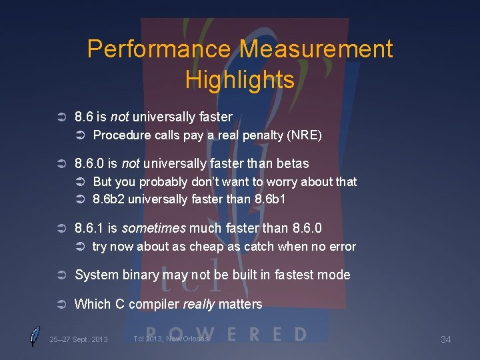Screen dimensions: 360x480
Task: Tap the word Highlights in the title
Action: (240, 80)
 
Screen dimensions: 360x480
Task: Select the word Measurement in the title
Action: (316, 49)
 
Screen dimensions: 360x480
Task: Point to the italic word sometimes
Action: (154, 228)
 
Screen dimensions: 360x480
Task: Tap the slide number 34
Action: (446, 340)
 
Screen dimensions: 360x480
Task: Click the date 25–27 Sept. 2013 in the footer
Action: (79, 340)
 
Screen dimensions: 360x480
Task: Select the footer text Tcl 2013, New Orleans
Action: (171, 339)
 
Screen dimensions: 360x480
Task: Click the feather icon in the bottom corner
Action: (35, 337)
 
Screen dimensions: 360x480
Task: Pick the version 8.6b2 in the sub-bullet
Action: (109, 198)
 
